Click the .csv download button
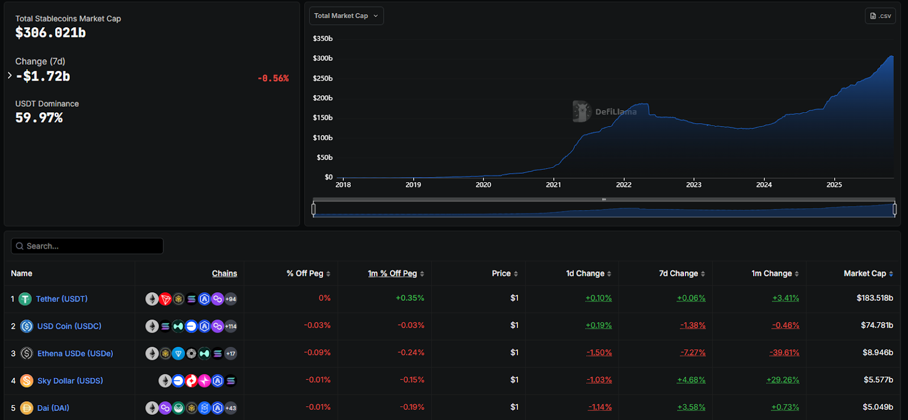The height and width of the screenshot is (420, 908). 880,16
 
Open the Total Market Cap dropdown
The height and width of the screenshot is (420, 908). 346,16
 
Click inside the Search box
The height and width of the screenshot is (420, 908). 91,246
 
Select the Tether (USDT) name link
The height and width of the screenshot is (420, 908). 62,299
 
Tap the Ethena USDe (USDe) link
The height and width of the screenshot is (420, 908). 75,354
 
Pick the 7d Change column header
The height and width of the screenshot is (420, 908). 679,274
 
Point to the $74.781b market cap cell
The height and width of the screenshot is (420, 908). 877,325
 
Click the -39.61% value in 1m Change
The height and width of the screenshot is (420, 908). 784,352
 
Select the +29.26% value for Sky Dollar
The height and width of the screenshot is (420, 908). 783,380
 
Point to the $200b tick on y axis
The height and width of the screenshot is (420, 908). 322,98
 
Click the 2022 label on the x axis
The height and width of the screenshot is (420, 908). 624,184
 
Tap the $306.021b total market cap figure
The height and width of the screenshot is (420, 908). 51,33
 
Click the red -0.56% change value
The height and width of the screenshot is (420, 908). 273,78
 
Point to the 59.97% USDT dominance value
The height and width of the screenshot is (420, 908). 39,118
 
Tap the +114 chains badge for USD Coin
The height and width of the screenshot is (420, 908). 230,326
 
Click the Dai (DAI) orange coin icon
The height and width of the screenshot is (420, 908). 27,408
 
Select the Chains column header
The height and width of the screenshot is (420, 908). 224,274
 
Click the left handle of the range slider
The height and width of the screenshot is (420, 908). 314,209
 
